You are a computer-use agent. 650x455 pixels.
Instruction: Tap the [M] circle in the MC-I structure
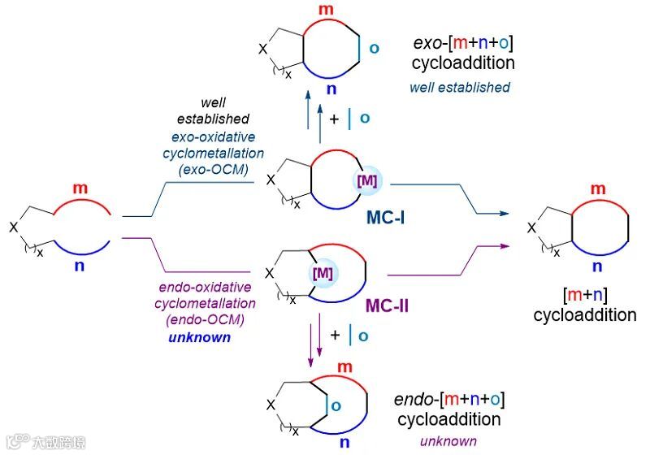[367, 180]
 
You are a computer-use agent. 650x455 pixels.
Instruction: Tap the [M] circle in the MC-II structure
[323, 273]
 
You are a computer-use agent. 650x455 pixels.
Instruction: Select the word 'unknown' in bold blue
[200, 336]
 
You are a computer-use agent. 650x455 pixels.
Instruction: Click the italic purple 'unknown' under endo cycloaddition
[448, 440]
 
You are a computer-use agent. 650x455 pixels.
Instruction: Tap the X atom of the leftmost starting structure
[13, 229]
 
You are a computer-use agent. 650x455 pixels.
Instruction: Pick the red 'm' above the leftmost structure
[80, 188]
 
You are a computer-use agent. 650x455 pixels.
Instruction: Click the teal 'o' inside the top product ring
[374, 47]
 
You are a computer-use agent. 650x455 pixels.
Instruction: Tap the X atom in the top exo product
[262, 50]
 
